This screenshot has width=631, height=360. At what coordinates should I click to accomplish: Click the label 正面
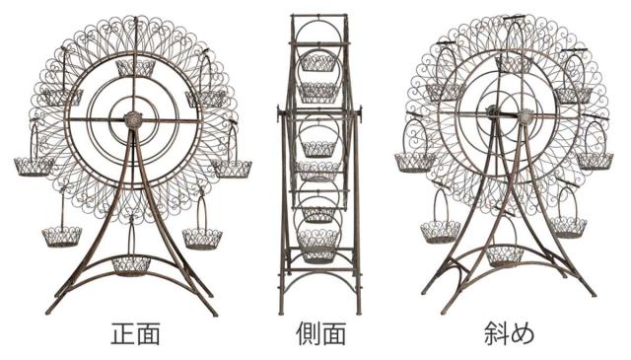136,333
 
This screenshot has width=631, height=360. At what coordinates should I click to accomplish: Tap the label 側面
320,333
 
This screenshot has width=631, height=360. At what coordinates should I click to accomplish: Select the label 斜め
510,333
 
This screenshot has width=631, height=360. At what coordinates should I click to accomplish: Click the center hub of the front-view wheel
133,120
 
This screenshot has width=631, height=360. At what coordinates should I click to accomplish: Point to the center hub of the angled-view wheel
526,116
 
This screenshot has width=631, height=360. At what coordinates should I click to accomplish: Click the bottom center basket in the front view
131,265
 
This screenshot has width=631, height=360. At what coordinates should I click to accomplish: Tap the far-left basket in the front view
34,167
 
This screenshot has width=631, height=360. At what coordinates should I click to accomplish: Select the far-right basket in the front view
232,169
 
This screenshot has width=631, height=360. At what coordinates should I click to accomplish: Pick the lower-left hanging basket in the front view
62,237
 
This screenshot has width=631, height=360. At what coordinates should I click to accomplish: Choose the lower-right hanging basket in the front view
202,240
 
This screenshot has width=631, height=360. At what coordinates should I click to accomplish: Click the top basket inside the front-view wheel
135,68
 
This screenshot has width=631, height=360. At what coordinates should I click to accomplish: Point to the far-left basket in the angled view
415,162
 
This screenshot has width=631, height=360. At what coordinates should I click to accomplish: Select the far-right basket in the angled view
595,161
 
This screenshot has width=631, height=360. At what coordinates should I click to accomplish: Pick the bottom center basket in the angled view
505,256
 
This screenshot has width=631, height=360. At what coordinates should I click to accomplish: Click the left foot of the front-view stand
49,311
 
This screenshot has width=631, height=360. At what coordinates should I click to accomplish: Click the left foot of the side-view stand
282,311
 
